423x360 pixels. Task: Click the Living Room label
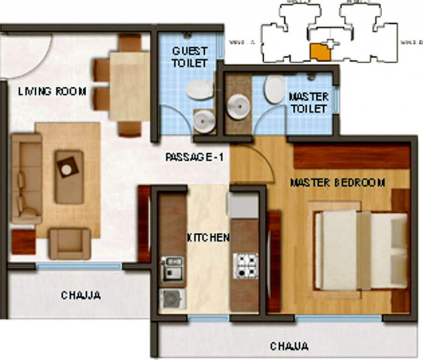(x=52, y=92)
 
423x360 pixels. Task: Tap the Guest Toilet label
(x=189, y=57)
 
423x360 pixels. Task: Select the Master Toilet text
(x=308, y=103)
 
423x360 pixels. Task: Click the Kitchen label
(x=208, y=237)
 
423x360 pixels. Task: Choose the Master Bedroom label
(x=337, y=182)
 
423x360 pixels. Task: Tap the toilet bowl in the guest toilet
(x=199, y=90)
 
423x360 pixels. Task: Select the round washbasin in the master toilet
(x=238, y=107)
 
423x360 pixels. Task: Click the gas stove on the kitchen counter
(x=245, y=266)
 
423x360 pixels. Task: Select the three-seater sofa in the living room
(x=26, y=178)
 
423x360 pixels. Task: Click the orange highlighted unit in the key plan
(x=320, y=52)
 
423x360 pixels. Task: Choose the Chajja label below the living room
(x=81, y=295)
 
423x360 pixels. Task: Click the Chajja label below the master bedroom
(x=289, y=346)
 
